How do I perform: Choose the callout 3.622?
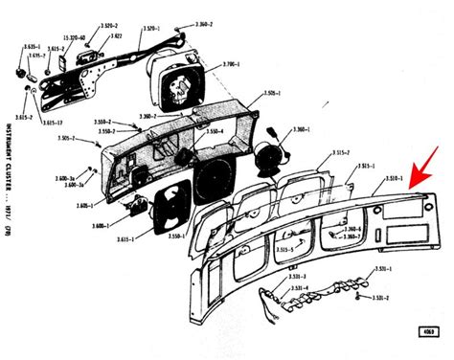[x=116, y=36]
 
